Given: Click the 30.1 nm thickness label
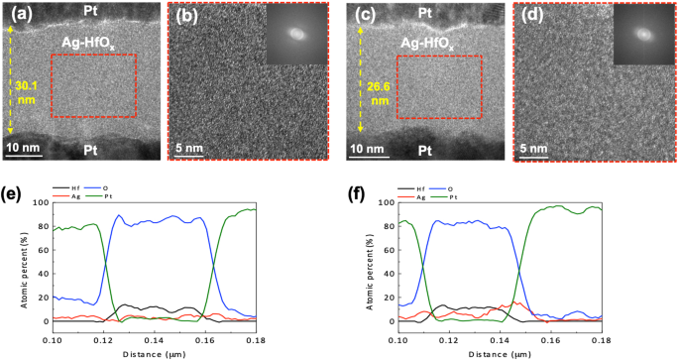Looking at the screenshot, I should click(26, 92).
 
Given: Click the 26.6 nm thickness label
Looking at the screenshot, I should click(379, 92).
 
